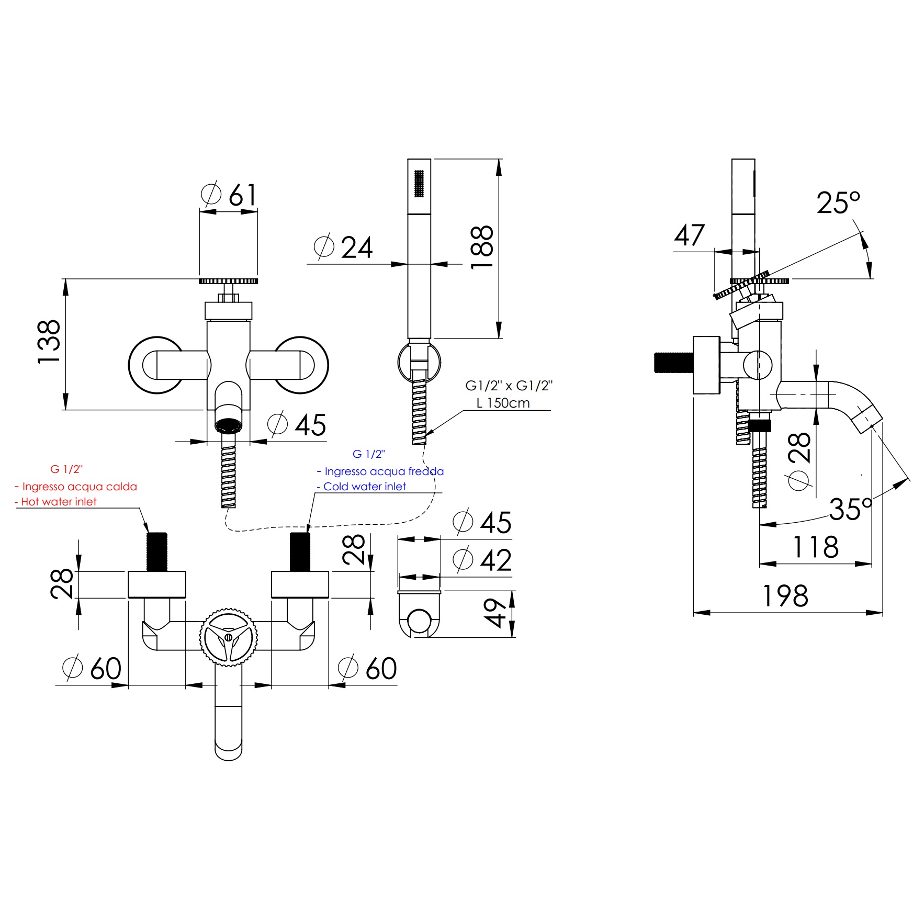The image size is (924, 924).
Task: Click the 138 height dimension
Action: pyautogui.click(x=49, y=341)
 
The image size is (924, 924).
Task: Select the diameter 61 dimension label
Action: pyautogui.click(x=229, y=195)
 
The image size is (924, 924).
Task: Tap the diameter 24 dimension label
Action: pyautogui.click(x=343, y=247)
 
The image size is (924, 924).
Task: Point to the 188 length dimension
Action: pyautogui.click(x=481, y=247)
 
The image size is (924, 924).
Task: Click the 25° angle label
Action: pyautogui.click(x=838, y=202)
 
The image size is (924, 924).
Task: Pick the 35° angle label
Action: pyautogui.click(x=851, y=509)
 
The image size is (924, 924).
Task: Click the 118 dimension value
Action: pyautogui.click(x=816, y=547)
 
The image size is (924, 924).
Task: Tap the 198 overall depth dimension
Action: pyautogui.click(x=785, y=596)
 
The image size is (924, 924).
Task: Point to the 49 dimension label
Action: pyautogui.click(x=494, y=613)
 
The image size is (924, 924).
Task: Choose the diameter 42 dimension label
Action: pyautogui.click(x=482, y=560)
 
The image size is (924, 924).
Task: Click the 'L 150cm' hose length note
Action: pyautogui.click(x=503, y=403)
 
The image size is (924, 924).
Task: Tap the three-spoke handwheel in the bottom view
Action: pyautogui.click(x=229, y=637)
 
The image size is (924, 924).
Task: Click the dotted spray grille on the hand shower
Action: pyautogui.click(x=419, y=184)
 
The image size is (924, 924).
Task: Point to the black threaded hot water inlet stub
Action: pyautogui.click(x=156, y=552)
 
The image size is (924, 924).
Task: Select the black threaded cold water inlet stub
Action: pyautogui.click(x=300, y=552)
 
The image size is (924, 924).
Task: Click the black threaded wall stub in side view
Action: pyautogui.click(x=674, y=363)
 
